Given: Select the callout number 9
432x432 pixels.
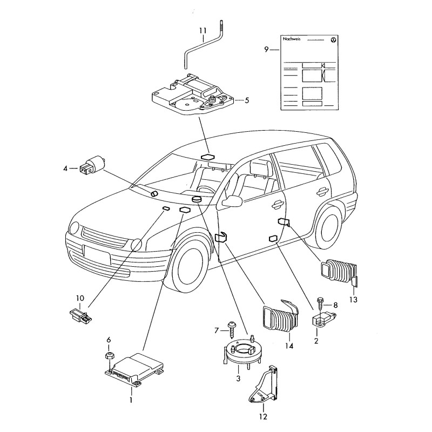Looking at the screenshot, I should tap(266, 49).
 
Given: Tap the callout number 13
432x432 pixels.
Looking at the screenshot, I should tap(353, 300).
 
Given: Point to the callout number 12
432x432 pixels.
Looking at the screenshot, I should tap(263, 416).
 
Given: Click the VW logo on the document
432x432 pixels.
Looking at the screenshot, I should tap(333, 40).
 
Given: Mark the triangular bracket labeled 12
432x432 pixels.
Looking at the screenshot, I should tap(265, 387).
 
